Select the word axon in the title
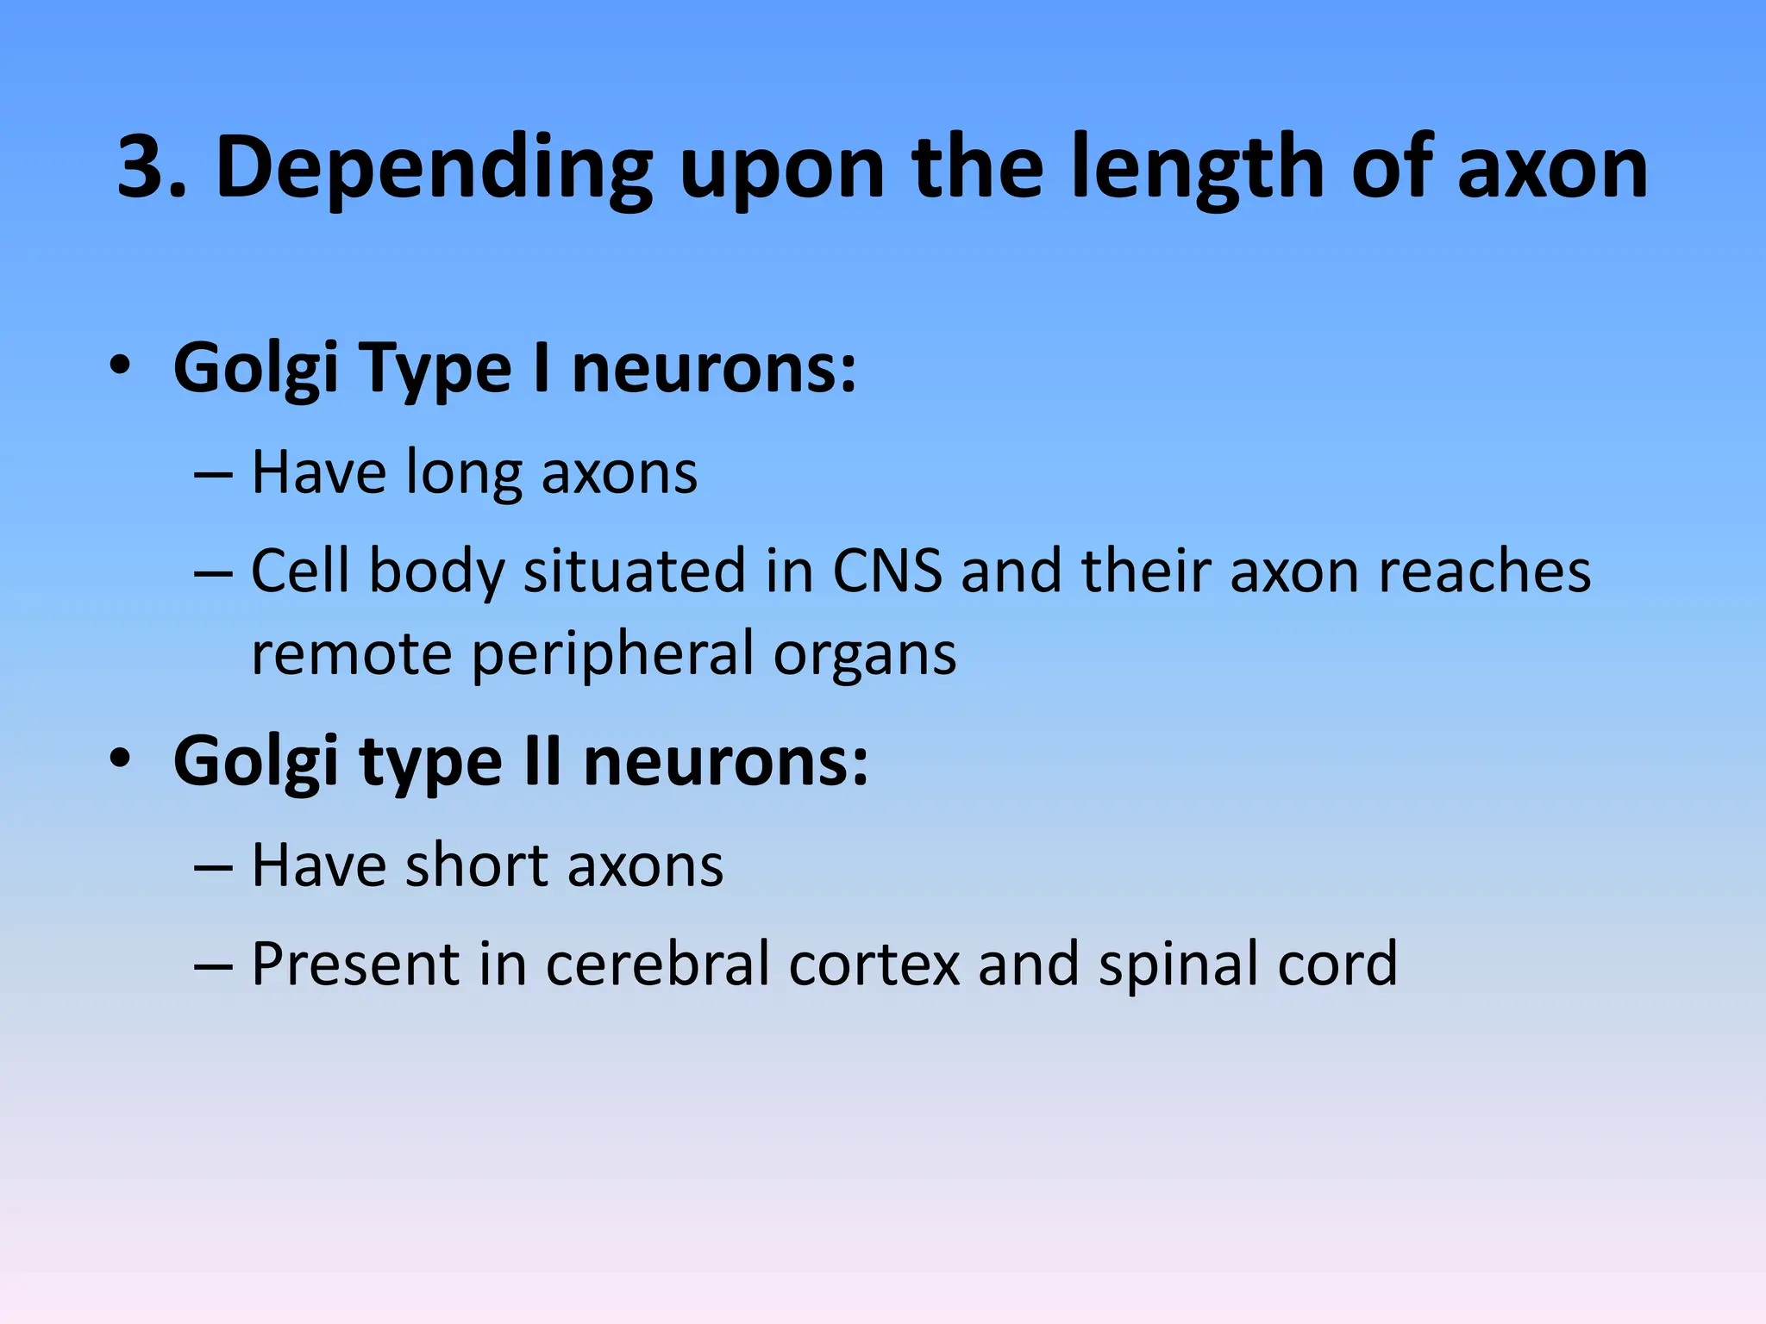[x=1552, y=170]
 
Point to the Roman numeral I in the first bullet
[x=542, y=368]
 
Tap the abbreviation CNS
[x=887, y=571]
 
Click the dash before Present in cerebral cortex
[x=213, y=965]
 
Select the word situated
[x=635, y=571]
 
